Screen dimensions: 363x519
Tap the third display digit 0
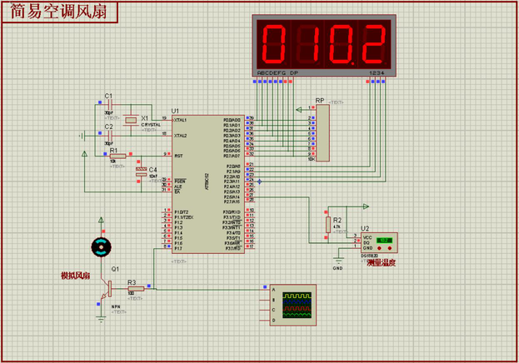pos(341,45)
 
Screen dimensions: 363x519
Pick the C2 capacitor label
pos(108,127)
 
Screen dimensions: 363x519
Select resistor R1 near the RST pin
pos(117,155)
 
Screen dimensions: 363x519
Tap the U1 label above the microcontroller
pos(175,111)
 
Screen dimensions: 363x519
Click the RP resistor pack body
pos(322,133)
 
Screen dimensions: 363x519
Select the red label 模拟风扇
pos(75,276)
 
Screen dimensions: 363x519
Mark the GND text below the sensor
pos(338,269)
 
